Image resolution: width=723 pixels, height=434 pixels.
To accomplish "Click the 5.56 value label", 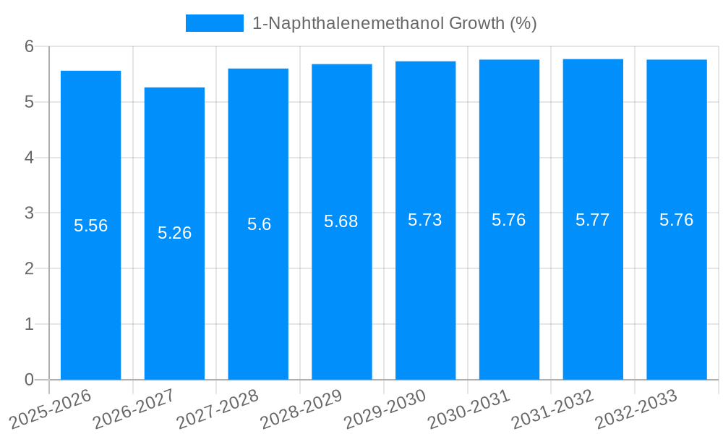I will point(90,226).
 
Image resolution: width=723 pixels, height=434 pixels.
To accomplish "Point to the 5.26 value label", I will point(174,233).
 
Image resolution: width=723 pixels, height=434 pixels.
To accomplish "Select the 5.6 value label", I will point(259,224).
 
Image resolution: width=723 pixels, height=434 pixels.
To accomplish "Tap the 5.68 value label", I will point(341,221).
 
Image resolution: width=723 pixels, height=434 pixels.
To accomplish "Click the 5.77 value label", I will point(593,220).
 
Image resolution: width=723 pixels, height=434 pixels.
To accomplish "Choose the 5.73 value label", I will point(425,220).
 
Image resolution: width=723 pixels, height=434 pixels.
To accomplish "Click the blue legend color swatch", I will point(214,23).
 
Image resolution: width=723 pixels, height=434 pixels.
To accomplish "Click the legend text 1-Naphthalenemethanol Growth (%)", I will point(394,23).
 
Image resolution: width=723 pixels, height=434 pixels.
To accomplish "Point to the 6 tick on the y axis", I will point(29,46).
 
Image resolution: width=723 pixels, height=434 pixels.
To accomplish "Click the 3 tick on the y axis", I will point(29,213).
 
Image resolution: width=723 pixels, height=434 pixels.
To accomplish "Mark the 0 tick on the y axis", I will point(29,380).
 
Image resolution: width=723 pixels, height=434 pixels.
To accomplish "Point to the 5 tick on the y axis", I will point(29,102).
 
